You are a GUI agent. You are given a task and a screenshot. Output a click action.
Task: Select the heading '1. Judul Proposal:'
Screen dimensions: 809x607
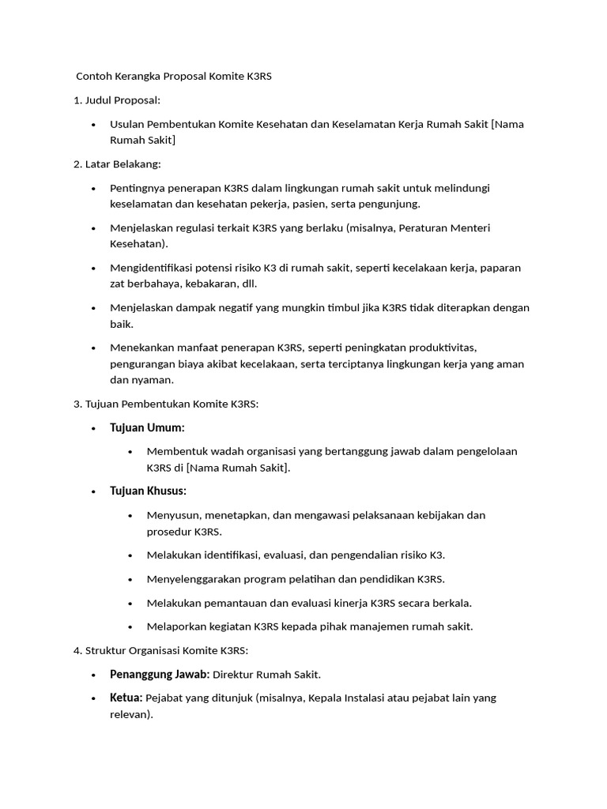point(117,100)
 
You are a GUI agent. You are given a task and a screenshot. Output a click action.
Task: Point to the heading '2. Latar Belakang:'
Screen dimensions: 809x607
point(117,164)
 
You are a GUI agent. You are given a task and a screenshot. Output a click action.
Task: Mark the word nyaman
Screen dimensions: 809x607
point(154,379)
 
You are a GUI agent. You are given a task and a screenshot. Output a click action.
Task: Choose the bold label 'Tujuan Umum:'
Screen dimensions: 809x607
point(147,427)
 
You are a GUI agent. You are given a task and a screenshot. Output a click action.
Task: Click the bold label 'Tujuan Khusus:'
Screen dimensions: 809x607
point(148,491)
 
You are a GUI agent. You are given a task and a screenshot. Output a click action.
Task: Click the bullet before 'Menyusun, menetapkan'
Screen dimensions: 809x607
point(130,515)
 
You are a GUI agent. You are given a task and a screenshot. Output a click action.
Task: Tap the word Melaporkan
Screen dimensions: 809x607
point(173,627)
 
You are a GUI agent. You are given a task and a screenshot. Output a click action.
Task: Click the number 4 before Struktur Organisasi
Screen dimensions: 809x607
point(77,650)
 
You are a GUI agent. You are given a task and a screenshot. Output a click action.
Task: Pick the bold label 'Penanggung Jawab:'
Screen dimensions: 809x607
point(160,674)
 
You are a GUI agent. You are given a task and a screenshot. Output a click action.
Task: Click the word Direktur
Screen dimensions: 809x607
point(235,674)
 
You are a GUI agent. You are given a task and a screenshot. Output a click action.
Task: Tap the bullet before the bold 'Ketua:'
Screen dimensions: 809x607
point(93,698)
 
